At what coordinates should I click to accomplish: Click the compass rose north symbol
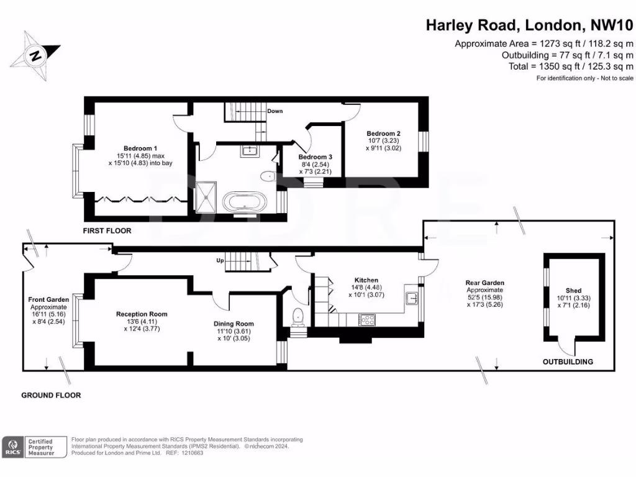click(36, 55)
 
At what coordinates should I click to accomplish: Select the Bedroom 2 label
click(383, 134)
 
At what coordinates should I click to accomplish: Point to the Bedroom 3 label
click(315, 157)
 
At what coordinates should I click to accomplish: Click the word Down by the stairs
click(275, 111)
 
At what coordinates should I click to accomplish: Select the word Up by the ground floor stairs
click(220, 260)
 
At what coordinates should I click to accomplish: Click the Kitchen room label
click(366, 280)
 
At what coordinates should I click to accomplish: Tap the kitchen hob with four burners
click(366, 320)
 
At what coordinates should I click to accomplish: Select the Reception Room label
click(142, 314)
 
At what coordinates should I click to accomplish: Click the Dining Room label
click(234, 324)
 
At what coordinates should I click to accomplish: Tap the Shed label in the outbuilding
click(573, 291)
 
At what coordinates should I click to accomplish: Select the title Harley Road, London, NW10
click(529, 25)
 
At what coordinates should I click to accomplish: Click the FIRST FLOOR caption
click(107, 230)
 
